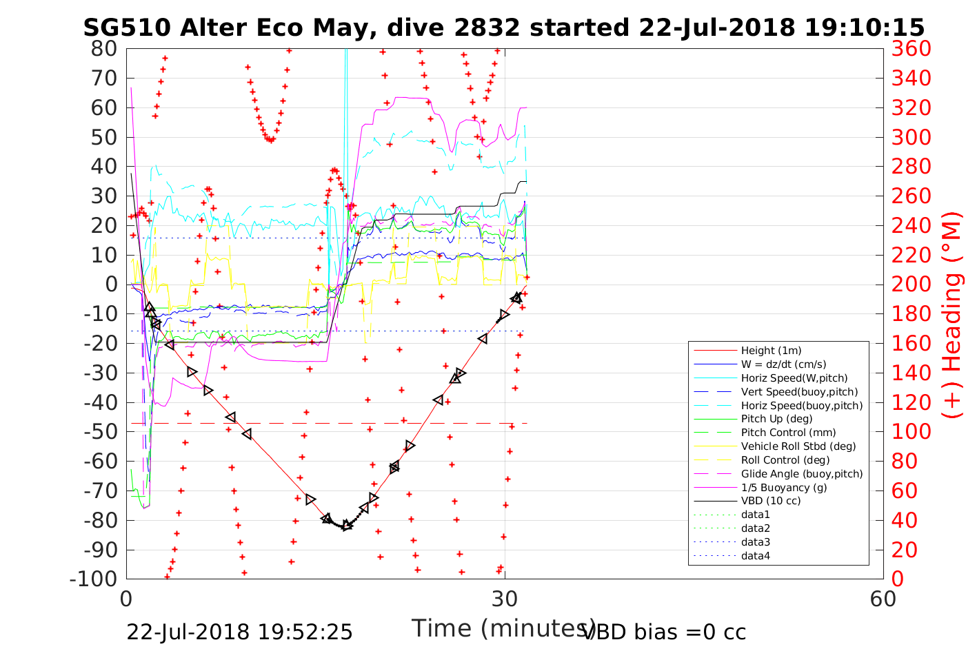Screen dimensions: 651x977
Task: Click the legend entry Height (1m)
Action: coord(771,351)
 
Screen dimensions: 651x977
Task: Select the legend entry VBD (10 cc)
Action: coord(771,501)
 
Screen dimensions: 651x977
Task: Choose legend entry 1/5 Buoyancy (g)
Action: coord(784,487)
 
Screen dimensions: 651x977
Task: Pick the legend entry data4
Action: coord(756,555)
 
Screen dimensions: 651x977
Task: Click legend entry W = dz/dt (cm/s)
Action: coord(783,364)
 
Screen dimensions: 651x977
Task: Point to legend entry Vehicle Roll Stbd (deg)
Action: coord(798,446)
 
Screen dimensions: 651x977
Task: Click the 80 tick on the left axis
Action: coord(104,49)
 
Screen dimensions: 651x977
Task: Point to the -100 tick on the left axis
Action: coord(94,579)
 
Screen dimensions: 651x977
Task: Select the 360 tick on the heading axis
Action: coord(911,49)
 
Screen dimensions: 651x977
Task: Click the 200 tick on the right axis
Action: coord(911,285)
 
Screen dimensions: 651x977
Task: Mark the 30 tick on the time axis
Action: coord(505,599)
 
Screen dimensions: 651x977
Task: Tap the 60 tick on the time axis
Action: coord(883,599)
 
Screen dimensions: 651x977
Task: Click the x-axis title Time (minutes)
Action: coord(503,628)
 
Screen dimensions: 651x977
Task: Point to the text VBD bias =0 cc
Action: coord(664,632)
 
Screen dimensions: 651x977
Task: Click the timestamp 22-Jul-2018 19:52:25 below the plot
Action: coord(239,632)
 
